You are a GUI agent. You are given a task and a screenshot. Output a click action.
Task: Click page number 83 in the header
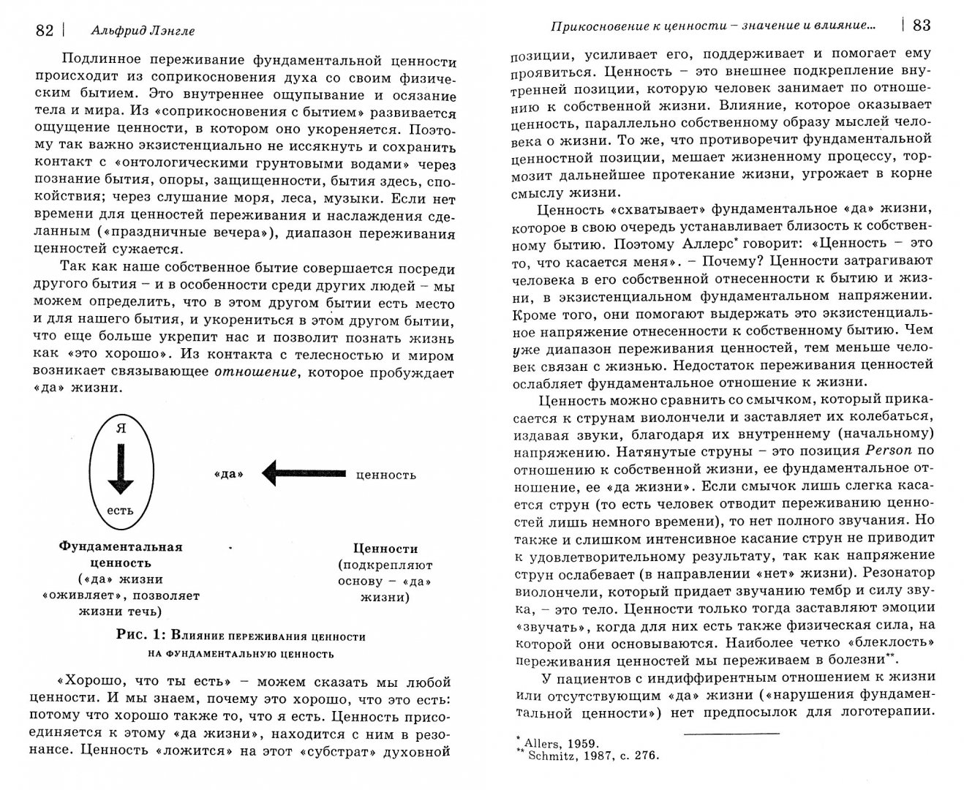(921, 26)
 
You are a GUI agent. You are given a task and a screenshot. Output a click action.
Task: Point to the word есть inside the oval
(121, 510)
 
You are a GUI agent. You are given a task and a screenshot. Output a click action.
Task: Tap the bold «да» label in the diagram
(230, 474)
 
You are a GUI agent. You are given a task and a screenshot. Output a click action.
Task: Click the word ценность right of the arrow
(385, 474)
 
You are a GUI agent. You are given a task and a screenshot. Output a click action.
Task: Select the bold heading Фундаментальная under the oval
(121, 546)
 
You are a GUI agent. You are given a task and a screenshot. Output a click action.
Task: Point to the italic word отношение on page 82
(255, 372)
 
